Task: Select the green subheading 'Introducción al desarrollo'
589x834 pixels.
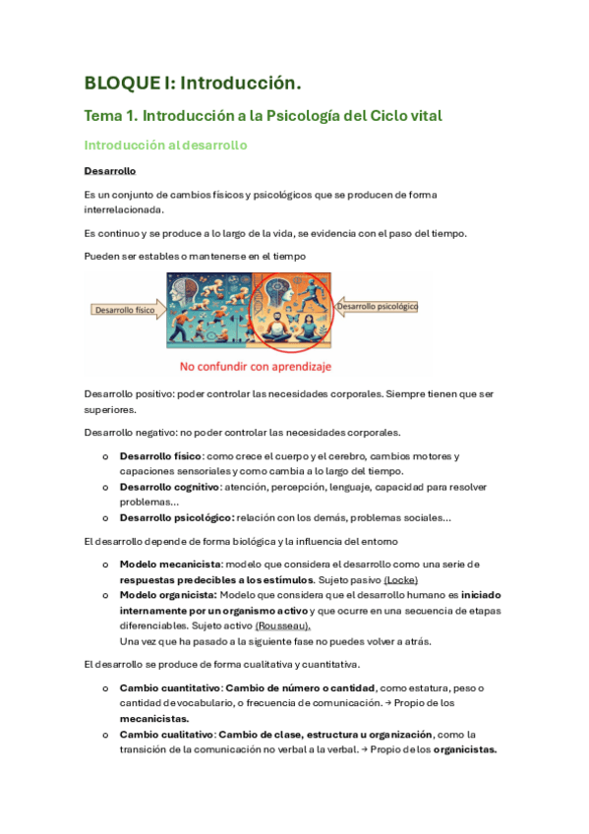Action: click(165, 146)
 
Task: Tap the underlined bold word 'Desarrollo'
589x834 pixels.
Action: click(109, 171)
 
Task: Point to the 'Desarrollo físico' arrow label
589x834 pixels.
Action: click(125, 309)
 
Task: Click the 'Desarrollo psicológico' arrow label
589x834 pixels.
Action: click(379, 307)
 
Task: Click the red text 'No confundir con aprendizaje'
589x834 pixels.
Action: click(256, 367)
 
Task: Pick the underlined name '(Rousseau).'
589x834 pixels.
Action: click(283, 625)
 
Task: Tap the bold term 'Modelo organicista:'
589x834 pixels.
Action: click(168, 595)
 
